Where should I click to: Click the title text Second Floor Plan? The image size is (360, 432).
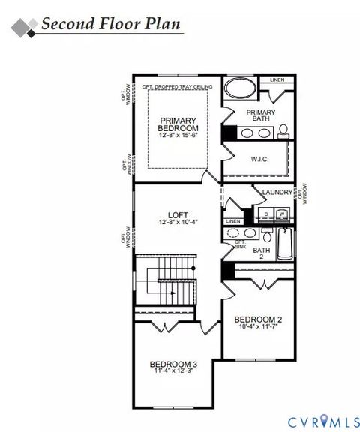[110, 23]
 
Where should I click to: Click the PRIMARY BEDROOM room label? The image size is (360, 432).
[178, 124]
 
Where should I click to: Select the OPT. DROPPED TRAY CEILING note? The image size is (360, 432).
[177, 87]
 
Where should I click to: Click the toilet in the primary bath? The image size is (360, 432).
[283, 133]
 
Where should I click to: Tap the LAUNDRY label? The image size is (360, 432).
[277, 193]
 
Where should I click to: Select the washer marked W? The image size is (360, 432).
[282, 214]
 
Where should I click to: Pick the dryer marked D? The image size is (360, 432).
[266, 214]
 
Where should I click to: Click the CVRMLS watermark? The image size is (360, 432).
[316, 421]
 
